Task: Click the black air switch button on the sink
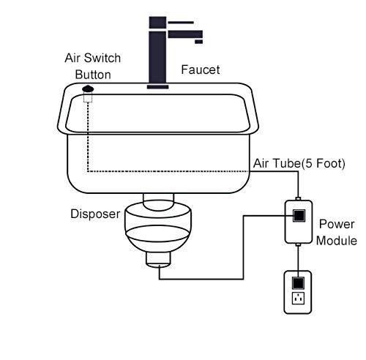(89, 90)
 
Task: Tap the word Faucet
(200, 70)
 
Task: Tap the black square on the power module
(299, 215)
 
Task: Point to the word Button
(92, 74)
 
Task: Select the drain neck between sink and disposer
(159, 198)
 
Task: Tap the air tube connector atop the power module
(299, 198)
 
